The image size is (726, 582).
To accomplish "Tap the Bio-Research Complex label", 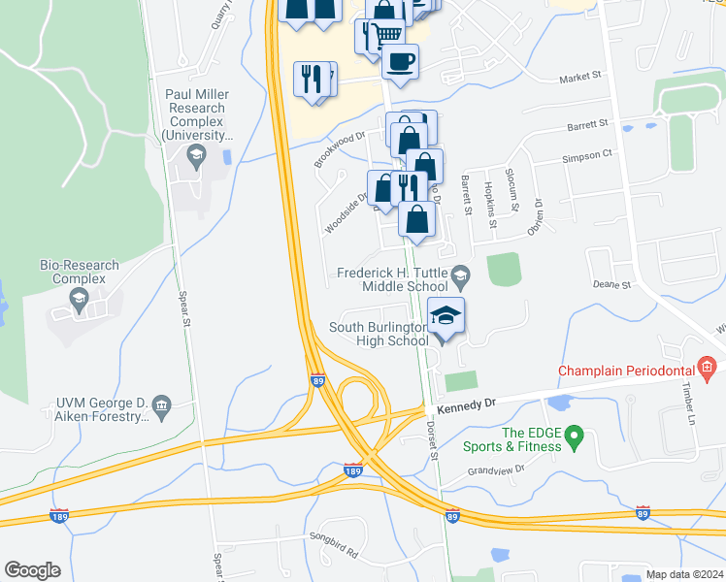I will coord(79,272).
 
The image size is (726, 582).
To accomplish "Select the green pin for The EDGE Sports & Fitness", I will coord(574,437).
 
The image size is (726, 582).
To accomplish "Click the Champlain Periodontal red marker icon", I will coord(707,368).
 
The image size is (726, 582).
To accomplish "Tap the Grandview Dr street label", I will coord(495,469).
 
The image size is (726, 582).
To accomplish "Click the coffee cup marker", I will coord(400,62).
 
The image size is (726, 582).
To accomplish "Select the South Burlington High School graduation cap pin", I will coord(445,316).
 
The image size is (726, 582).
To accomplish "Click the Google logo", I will coord(32,570).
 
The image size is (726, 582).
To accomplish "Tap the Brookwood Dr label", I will coord(339,150).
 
